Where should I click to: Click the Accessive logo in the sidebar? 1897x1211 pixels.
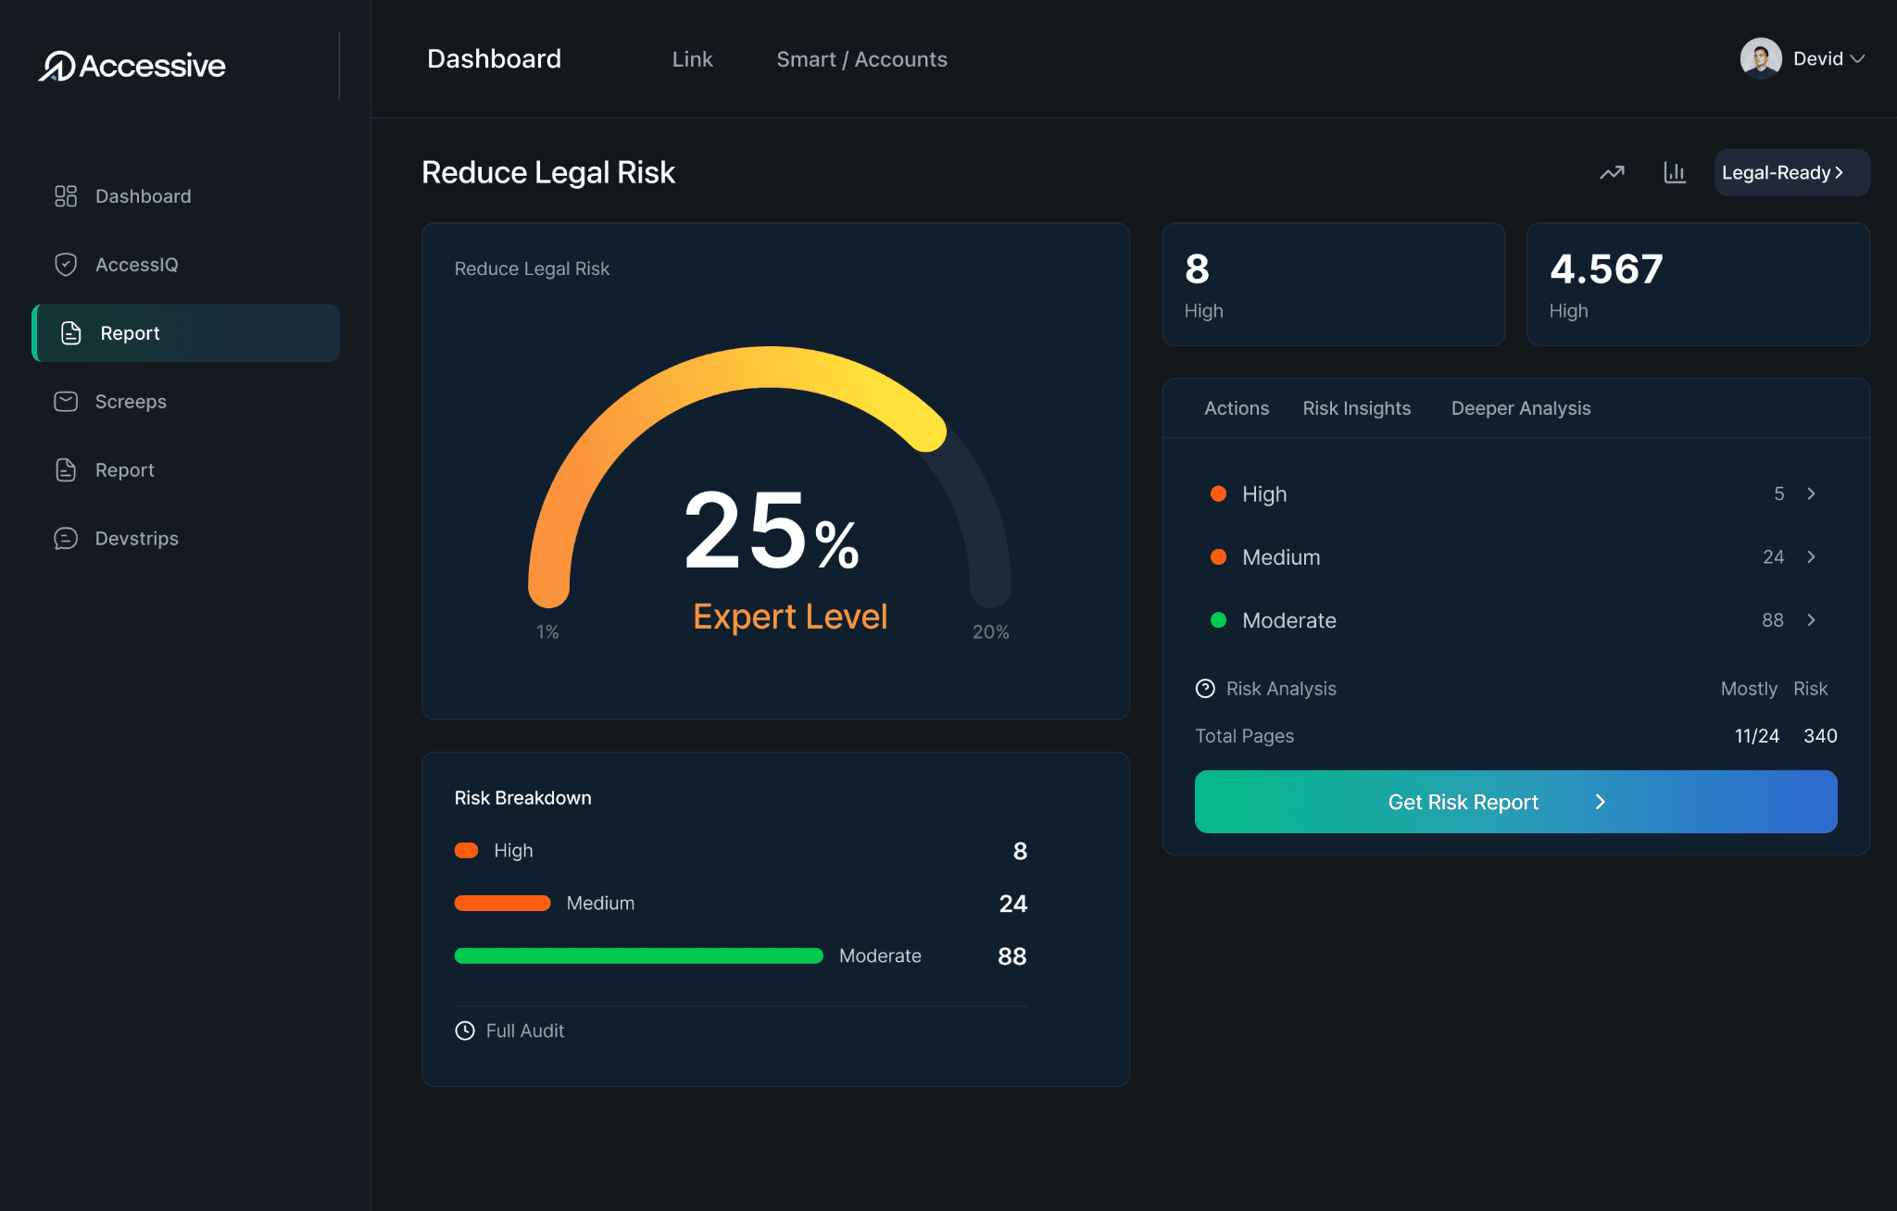pos(132,66)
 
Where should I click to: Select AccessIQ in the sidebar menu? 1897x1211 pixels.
pos(136,265)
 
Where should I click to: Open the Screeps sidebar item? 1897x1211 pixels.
pos(131,402)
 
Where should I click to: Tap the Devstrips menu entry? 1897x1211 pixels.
pos(136,539)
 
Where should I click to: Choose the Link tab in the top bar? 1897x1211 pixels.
pos(692,59)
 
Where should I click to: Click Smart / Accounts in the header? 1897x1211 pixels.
pos(861,59)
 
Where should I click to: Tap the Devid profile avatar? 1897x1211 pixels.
pos(1760,58)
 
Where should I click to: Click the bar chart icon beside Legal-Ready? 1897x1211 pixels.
pos(1675,173)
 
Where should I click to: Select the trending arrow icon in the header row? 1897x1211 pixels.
pos(1612,173)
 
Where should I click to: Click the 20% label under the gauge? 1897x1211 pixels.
pos(990,632)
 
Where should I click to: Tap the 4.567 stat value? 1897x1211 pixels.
pos(1606,269)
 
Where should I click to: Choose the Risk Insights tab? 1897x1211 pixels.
pos(1356,408)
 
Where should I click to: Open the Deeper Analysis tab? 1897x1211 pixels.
pos(1520,408)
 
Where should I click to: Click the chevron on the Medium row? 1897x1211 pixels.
pos(1811,557)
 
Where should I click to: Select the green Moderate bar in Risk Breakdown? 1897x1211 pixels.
pos(638,956)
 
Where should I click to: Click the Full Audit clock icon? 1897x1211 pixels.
pos(465,1031)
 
